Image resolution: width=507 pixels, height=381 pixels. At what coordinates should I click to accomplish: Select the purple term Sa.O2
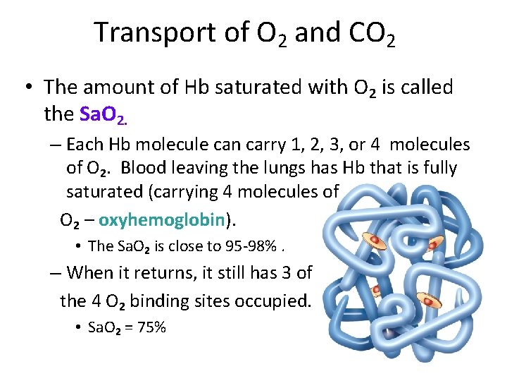[104, 114]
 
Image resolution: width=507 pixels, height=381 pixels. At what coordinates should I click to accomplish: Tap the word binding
[178, 301]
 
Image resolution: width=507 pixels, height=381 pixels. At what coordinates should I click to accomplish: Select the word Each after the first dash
[87, 145]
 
